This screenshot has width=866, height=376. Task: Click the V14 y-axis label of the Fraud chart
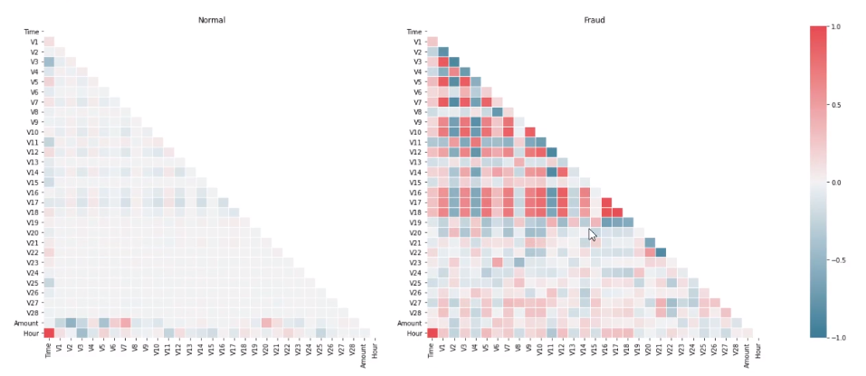point(415,172)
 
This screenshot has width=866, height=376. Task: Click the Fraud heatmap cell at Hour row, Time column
point(433,333)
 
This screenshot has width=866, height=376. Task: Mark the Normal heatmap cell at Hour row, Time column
point(49,333)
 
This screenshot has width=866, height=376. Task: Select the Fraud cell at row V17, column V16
point(606,202)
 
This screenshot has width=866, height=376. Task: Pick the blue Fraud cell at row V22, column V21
point(661,252)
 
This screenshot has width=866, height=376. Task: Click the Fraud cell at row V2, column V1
point(443,52)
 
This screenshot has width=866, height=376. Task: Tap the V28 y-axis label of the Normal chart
point(33,313)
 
